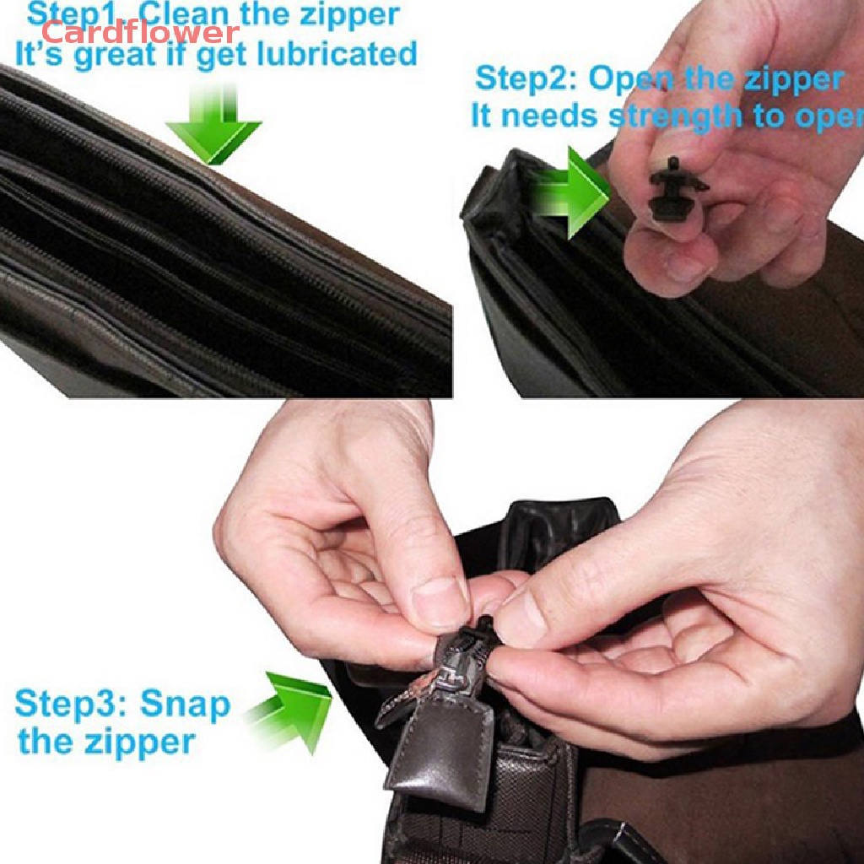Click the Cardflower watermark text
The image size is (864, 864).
pos(140,33)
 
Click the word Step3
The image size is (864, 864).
pos(71,704)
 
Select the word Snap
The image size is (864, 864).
pos(185,704)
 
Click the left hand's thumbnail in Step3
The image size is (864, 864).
pos(439,602)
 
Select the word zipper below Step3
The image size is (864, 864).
pos(139,742)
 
